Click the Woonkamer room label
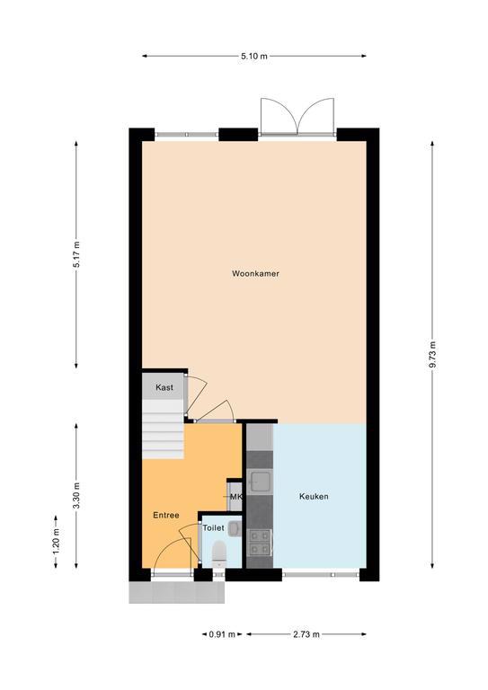[255, 274]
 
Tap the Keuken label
[314, 496]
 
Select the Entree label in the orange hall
[166, 516]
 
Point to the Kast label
[164, 388]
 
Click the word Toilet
[213, 528]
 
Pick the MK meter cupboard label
[236, 497]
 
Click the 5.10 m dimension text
[254, 56]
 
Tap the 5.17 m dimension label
[76, 254]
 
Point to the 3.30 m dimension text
[76, 496]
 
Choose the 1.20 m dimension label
[56, 541]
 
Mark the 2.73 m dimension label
[306, 634]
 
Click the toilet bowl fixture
[218, 554]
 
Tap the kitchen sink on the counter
[260, 481]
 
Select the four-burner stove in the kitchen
[260, 542]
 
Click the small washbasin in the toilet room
[235, 528]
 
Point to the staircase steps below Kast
[163, 429]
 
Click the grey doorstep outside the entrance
[176, 592]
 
